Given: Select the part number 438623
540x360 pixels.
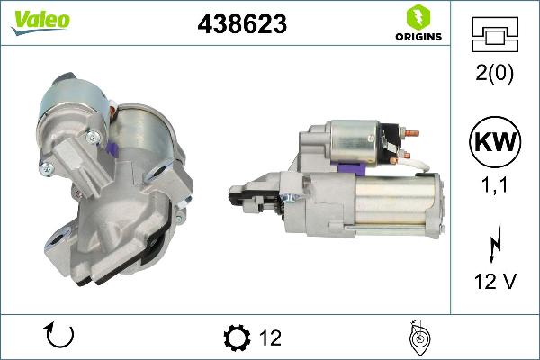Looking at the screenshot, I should [x=242, y=25].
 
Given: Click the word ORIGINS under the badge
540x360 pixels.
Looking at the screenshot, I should [x=417, y=38].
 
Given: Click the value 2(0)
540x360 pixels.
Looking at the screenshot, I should [x=493, y=75].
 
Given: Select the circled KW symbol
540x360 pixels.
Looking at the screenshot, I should [x=493, y=140].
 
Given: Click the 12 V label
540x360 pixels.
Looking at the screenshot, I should [x=493, y=282].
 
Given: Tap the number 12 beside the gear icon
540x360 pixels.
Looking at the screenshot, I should [x=269, y=338].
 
